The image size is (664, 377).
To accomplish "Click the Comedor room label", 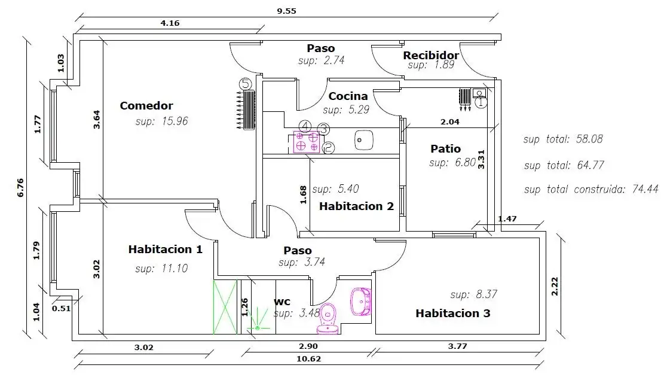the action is tap(146, 105).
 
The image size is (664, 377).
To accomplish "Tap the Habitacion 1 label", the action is tap(166, 250).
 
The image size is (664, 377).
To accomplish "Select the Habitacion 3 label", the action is tap(452, 314).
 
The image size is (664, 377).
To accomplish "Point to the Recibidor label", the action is tap(431, 56).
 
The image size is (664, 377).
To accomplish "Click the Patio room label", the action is tap(445, 149).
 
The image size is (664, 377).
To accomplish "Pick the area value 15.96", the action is tap(175, 121).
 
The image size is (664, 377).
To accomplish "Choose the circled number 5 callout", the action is tap(245, 84).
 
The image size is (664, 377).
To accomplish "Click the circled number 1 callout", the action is tap(481, 102).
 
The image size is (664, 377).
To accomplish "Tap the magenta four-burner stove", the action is tap(307, 142).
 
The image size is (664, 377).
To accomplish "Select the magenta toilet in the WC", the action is tap(328, 318).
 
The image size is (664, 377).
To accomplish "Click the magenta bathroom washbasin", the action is tap(361, 302).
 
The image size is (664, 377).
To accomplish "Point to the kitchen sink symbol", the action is tap(364, 141).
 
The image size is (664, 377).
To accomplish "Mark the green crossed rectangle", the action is tap(225, 307).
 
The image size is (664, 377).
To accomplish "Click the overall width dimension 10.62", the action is tap(309, 359).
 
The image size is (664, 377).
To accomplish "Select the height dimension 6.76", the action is tap(20, 187).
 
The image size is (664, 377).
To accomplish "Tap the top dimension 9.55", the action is tap(287, 11).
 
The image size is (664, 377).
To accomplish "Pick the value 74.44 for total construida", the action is tap(645, 188).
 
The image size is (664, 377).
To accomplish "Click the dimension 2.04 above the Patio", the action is tap(449, 122).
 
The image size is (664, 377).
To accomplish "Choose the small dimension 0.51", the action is tap(62, 308).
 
